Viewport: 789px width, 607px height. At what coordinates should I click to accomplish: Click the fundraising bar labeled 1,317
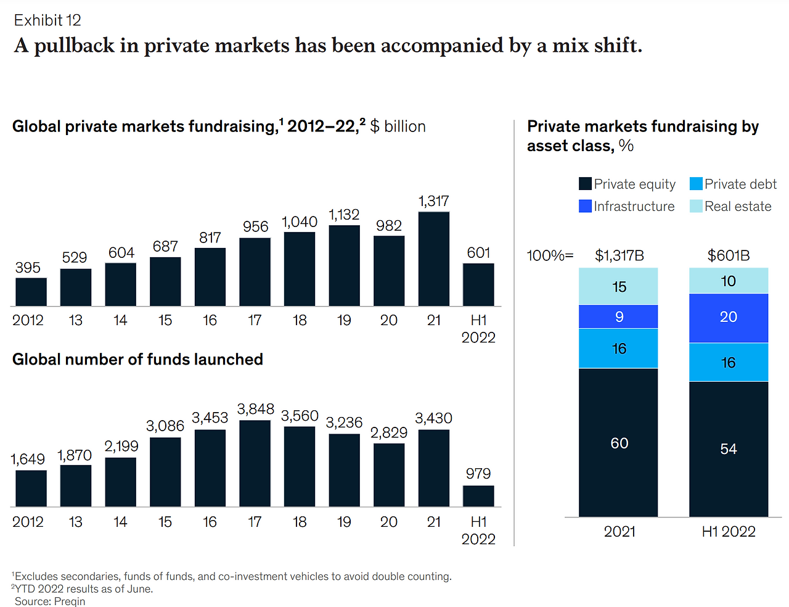point(433,259)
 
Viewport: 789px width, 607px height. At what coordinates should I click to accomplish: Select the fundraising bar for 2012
point(31,292)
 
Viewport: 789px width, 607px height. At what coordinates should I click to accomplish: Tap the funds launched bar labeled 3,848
point(255,463)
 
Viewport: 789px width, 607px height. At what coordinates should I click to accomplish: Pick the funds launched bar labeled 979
point(478,496)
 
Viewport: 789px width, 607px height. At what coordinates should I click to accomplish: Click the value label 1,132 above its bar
point(344,215)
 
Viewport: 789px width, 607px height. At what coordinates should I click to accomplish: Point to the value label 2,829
point(389,433)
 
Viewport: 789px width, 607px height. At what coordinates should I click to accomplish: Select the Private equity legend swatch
point(585,184)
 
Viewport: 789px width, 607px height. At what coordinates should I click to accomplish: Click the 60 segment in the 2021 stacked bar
point(618,442)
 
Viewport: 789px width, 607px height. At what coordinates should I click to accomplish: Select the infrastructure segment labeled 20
point(729,318)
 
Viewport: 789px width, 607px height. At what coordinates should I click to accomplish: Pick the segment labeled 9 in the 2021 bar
point(618,316)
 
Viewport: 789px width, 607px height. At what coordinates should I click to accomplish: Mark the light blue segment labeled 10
point(729,281)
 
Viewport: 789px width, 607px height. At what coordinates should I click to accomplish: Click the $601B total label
point(729,255)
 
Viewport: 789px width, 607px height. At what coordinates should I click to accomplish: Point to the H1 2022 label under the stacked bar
point(729,532)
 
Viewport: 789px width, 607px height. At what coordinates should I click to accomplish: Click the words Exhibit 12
point(47,20)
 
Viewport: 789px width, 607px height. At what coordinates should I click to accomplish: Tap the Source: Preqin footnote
point(50,601)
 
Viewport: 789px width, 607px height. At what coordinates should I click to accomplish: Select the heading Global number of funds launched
point(137,360)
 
